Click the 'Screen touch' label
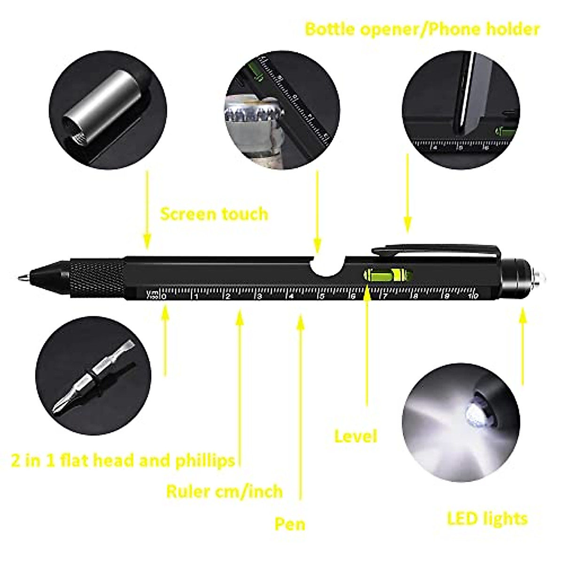214,214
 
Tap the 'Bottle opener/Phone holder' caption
422,29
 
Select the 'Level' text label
355,436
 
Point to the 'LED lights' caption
487,519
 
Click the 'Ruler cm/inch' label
224,492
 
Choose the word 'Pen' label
290,524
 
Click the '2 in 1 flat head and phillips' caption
123,460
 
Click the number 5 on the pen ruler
322,296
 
